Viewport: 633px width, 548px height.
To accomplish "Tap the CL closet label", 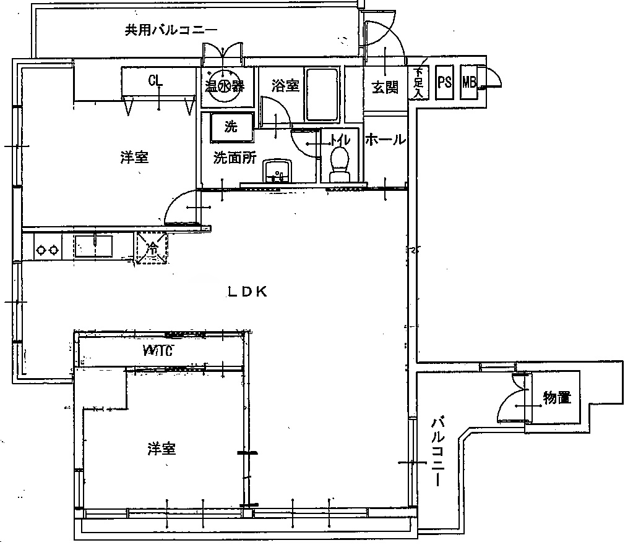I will pos(155,80).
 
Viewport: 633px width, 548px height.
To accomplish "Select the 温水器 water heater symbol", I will pos(223,87).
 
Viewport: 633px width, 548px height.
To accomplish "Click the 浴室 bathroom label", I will pos(286,86).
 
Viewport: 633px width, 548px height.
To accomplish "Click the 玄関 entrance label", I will pos(384,87).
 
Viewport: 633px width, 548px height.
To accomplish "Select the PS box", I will pos(444,82).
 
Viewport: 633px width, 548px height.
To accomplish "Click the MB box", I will pos(469,82).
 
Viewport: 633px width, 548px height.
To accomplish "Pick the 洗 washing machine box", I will pos(231,127).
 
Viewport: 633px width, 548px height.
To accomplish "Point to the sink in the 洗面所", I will pos(277,171).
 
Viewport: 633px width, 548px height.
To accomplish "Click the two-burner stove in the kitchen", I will pos(48,250).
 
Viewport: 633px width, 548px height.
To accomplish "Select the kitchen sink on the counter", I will pos(93,247).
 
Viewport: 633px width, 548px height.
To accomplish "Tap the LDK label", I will pos(246,292).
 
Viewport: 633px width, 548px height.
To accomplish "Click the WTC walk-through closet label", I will pos(157,352).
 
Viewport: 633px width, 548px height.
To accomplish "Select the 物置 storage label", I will pos(556,398).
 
